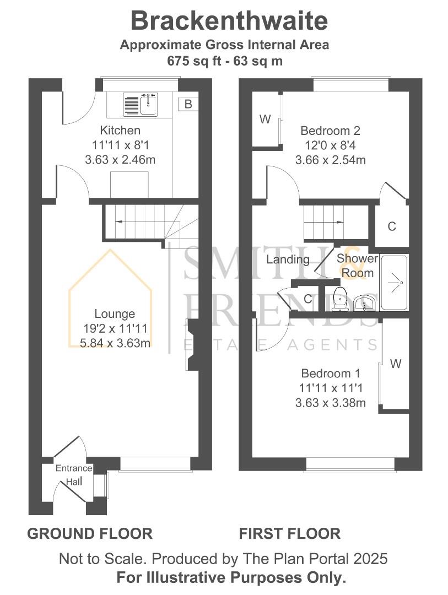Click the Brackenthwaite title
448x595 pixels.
229,21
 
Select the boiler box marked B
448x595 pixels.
188,104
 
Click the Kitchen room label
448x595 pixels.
120,131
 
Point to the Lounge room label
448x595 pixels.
115,314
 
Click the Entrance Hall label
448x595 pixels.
74,475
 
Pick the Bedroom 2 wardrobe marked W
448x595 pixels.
266,120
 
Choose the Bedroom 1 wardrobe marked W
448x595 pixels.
395,364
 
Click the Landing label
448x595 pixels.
288,259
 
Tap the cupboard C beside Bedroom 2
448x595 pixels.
392,226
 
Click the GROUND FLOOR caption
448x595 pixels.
90,533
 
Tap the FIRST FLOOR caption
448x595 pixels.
289,533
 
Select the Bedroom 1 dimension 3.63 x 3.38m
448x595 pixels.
330,403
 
